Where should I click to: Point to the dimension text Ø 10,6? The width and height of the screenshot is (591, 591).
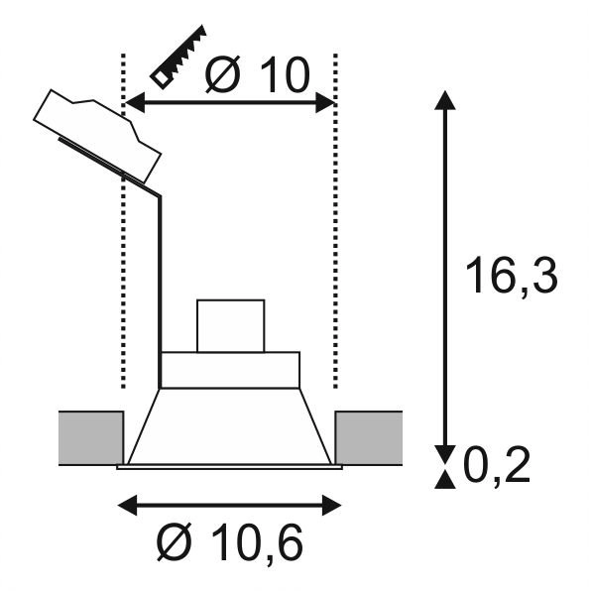click(x=229, y=541)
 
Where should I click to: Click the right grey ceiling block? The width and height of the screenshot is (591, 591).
click(x=369, y=437)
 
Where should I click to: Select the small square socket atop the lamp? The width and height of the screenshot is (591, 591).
click(x=230, y=325)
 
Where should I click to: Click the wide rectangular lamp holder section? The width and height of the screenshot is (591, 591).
click(x=230, y=369)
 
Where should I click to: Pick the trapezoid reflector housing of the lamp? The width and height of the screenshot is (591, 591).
click(x=230, y=424)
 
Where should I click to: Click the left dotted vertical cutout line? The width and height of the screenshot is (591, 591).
click(x=122, y=248)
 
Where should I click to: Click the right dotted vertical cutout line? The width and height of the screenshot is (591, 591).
click(x=337, y=248)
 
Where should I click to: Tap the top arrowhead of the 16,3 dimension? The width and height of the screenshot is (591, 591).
click(x=446, y=99)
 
